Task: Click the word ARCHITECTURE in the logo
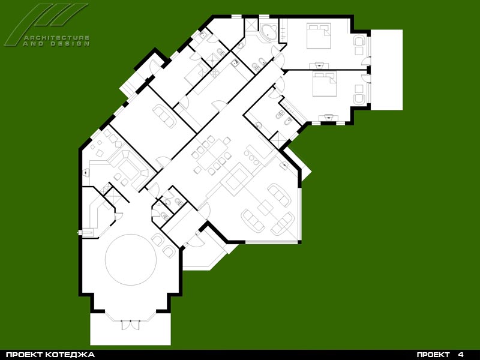[56, 38]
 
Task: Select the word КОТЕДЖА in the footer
[70, 355]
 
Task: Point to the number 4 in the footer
[461, 355]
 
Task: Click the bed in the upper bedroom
[319, 36]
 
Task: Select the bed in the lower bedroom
[324, 84]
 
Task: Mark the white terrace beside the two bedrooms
[386, 70]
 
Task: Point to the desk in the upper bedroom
[319, 65]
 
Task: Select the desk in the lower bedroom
[328, 118]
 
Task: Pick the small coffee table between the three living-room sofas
[265, 208]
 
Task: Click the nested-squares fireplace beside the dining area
[235, 179]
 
